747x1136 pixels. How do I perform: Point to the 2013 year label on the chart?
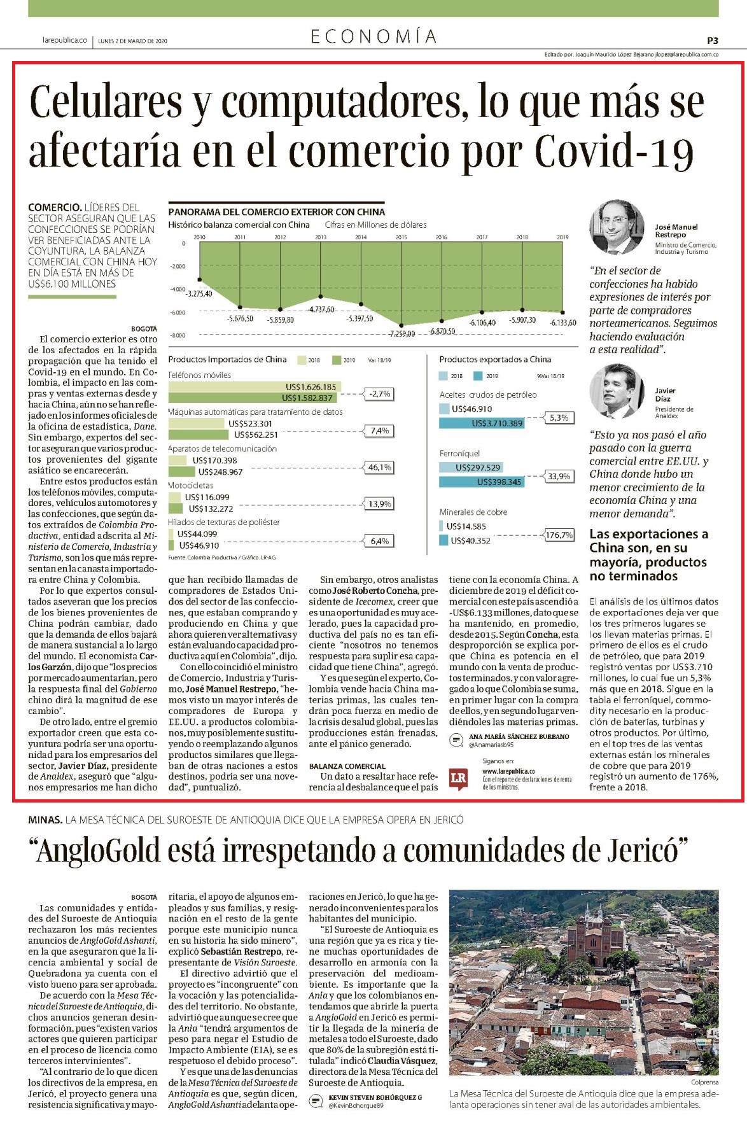pos(321,237)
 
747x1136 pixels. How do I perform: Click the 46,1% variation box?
pos(379,467)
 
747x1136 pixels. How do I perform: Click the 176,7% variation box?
pos(559,535)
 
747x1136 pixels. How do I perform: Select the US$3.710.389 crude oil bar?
pos(482,423)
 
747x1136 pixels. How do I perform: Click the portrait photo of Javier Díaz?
pos(613,391)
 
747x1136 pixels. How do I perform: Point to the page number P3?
pos(713,40)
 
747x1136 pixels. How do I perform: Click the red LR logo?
pos(458,778)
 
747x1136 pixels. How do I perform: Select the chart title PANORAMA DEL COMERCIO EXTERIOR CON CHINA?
pos(277,212)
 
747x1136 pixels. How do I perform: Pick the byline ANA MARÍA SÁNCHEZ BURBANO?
pos(519,736)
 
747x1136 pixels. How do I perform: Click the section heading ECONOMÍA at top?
pos(373,37)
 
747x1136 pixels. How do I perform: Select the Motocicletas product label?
pos(191,485)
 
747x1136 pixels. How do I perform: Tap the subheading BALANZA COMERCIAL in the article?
pos(347,766)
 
